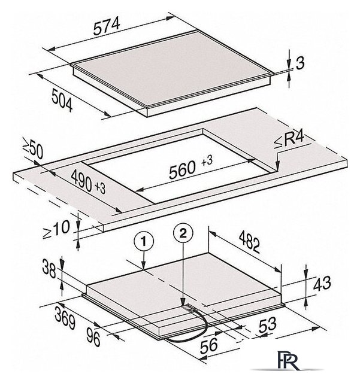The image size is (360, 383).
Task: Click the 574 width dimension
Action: click(107, 26)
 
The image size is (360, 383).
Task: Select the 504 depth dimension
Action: click(62, 101)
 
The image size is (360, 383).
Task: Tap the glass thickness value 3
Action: click(300, 63)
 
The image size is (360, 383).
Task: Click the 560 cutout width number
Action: click(183, 169)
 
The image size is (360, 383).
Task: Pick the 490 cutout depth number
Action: click(81, 181)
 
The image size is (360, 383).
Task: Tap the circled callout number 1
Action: click(144, 241)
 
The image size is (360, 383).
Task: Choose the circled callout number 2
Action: click(183, 233)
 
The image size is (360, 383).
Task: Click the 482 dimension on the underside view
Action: click(249, 242)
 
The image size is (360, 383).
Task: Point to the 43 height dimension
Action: click(322, 284)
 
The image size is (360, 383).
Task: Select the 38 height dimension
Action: click(49, 269)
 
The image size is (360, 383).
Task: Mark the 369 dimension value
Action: click(65, 318)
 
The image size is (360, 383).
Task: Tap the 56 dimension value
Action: click(209, 345)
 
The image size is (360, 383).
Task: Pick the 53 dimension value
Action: click(268, 324)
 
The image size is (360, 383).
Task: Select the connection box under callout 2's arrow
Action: click(189, 308)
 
